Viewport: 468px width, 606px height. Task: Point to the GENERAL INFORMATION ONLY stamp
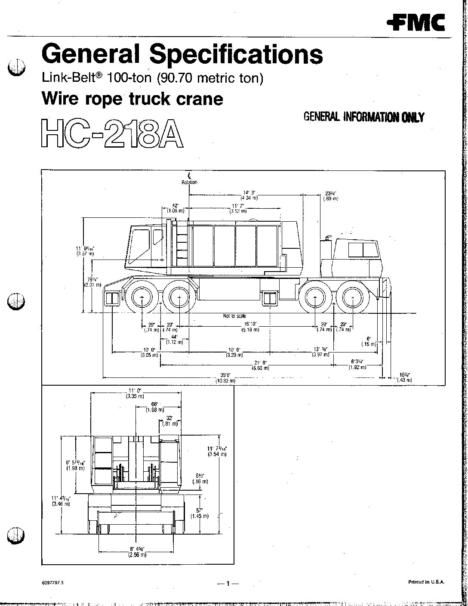coord(364,117)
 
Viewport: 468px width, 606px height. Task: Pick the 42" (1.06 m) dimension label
coord(175,208)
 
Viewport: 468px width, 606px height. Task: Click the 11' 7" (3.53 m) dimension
coord(238,209)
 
